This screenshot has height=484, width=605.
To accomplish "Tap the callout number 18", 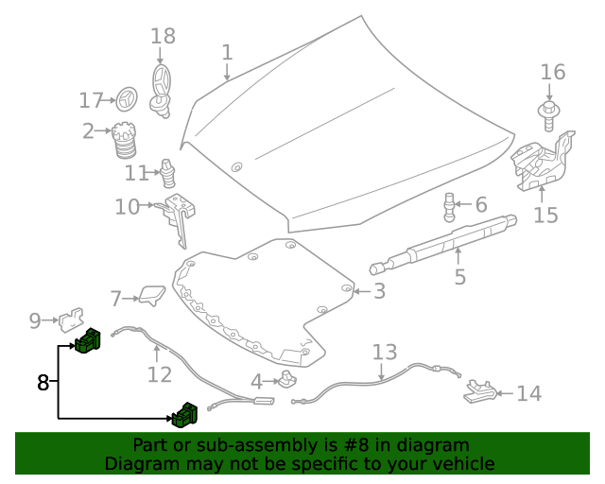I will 163,36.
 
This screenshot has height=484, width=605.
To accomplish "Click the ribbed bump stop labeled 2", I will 123,142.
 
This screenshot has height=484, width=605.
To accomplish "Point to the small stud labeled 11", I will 169,174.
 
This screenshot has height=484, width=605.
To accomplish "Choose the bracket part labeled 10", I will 179,213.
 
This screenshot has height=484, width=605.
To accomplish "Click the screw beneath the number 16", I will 549,113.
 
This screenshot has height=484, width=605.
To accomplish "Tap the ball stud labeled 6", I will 450,205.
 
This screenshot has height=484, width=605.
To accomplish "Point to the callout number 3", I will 378,291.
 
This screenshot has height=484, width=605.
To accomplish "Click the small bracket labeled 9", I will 69,320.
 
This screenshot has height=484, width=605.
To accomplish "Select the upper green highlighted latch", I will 89,340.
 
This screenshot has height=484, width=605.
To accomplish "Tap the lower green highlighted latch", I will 183,413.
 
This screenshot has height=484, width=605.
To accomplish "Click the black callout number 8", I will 43,383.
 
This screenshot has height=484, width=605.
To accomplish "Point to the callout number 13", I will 385,354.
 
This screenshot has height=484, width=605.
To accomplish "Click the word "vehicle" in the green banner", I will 463,464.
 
